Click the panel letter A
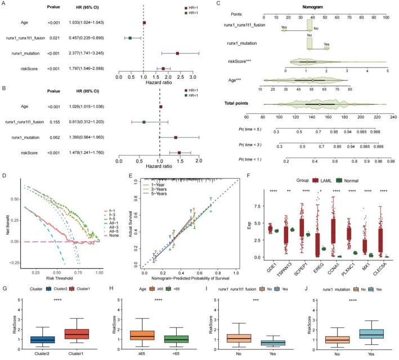(5, 5)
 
